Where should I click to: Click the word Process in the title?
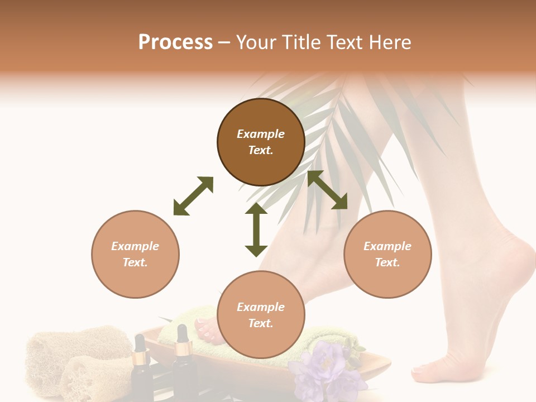[175, 42]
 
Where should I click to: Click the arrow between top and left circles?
[193, 196]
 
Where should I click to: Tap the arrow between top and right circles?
[327, 190]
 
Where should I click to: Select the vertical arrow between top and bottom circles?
[256, 229]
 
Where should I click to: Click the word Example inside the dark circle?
[261, 134]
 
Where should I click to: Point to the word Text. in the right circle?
[387, 262]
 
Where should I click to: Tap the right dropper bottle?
[183, 363]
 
